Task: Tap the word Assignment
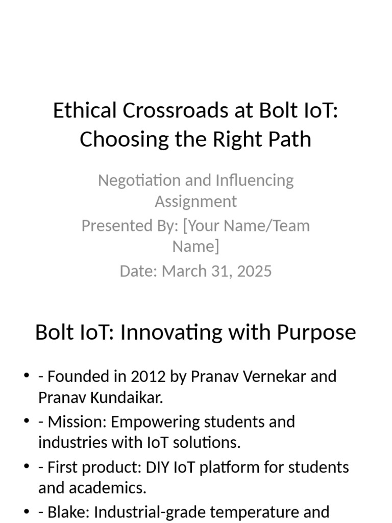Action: tap(196, 201)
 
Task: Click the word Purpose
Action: tap(316, 332)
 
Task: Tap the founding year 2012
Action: tap(149, 376)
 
